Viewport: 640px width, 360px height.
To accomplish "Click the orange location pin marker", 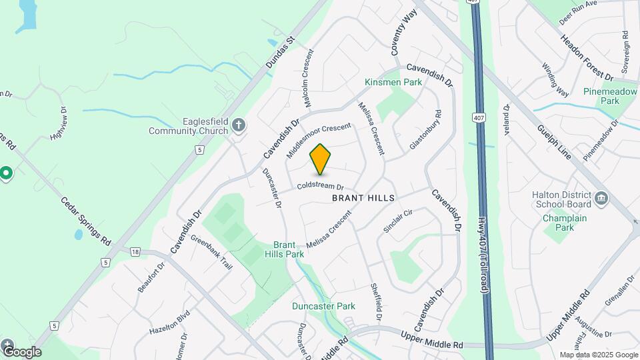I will (321, 159).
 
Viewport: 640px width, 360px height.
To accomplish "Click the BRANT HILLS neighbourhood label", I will (363, 198).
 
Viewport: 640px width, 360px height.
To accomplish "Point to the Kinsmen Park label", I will (393, 82).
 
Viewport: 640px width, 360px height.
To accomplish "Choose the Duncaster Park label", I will (323, 306).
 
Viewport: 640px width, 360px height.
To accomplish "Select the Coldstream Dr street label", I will (320, 187).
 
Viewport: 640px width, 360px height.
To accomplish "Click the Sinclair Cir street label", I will (399, 220).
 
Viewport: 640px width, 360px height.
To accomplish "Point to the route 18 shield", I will (135, 251).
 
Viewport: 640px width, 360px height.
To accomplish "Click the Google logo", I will (21, 351).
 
